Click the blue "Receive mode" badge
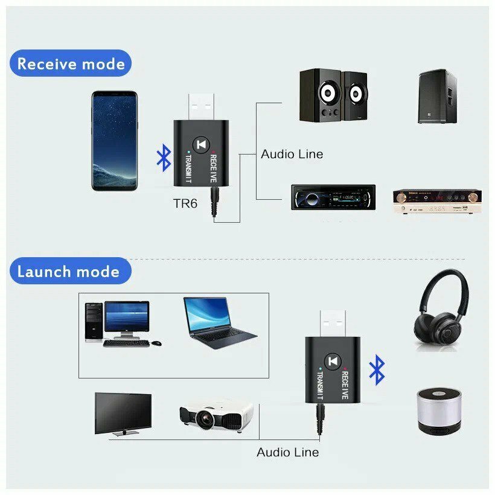coord(71,63)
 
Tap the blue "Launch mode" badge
coord(68,271)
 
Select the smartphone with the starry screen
coord(114,141)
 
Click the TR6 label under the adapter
coord(185,203)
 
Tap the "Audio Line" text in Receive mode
coord(292,154)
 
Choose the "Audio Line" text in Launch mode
coord(287,452)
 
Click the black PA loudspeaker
coord(437,97)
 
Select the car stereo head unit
coord(333,197)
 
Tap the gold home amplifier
coord(437,200)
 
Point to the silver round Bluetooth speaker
coord(439,409)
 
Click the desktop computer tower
coord(93,322)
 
